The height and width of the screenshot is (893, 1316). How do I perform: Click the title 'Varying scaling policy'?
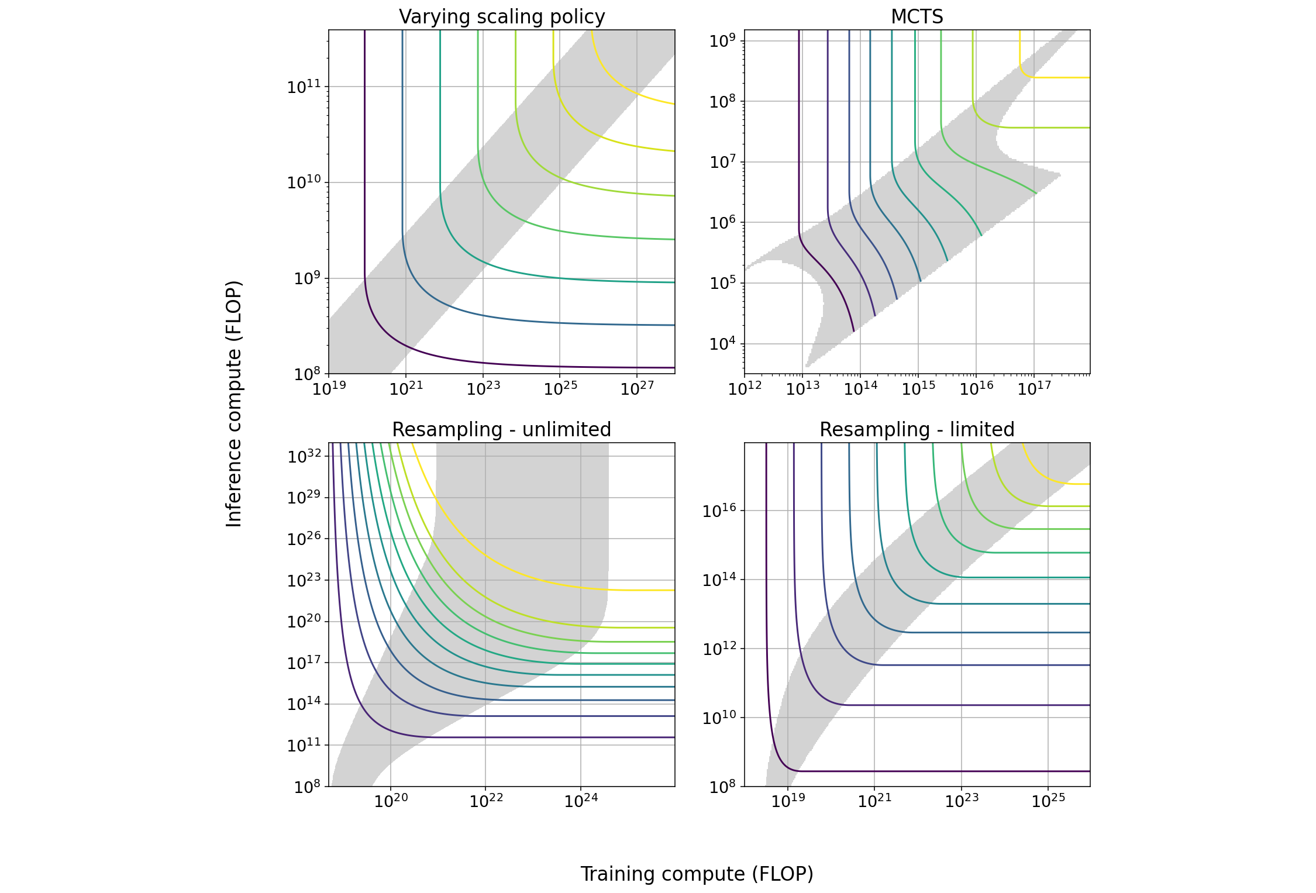coord(502,17)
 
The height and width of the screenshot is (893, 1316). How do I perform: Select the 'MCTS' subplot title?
coord(917,17)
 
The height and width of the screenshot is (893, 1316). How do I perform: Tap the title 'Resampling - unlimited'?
coord(501,430)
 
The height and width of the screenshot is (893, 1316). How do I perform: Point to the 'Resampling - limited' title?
coord(917,430)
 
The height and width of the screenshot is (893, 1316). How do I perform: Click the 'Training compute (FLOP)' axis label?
coord(697,874)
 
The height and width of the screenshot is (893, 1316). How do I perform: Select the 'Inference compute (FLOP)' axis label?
coord(234,404)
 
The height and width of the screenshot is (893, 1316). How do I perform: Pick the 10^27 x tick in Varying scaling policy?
coord(637,389)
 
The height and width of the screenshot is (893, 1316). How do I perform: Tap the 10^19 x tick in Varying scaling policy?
coord(329,389)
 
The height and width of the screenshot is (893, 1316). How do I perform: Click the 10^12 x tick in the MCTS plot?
coord(745,389)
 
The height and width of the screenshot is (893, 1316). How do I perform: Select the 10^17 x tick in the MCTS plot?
coord(1034,389)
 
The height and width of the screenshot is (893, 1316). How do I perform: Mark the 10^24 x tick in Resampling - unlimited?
coord(581,801)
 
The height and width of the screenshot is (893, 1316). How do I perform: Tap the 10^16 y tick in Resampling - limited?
coord(719,511)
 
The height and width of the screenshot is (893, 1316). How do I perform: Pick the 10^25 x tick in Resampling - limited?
coord(1048,801)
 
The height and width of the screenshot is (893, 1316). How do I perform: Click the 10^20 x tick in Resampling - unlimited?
coord(391,801)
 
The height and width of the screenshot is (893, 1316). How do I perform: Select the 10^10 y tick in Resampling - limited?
coord(719,718)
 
